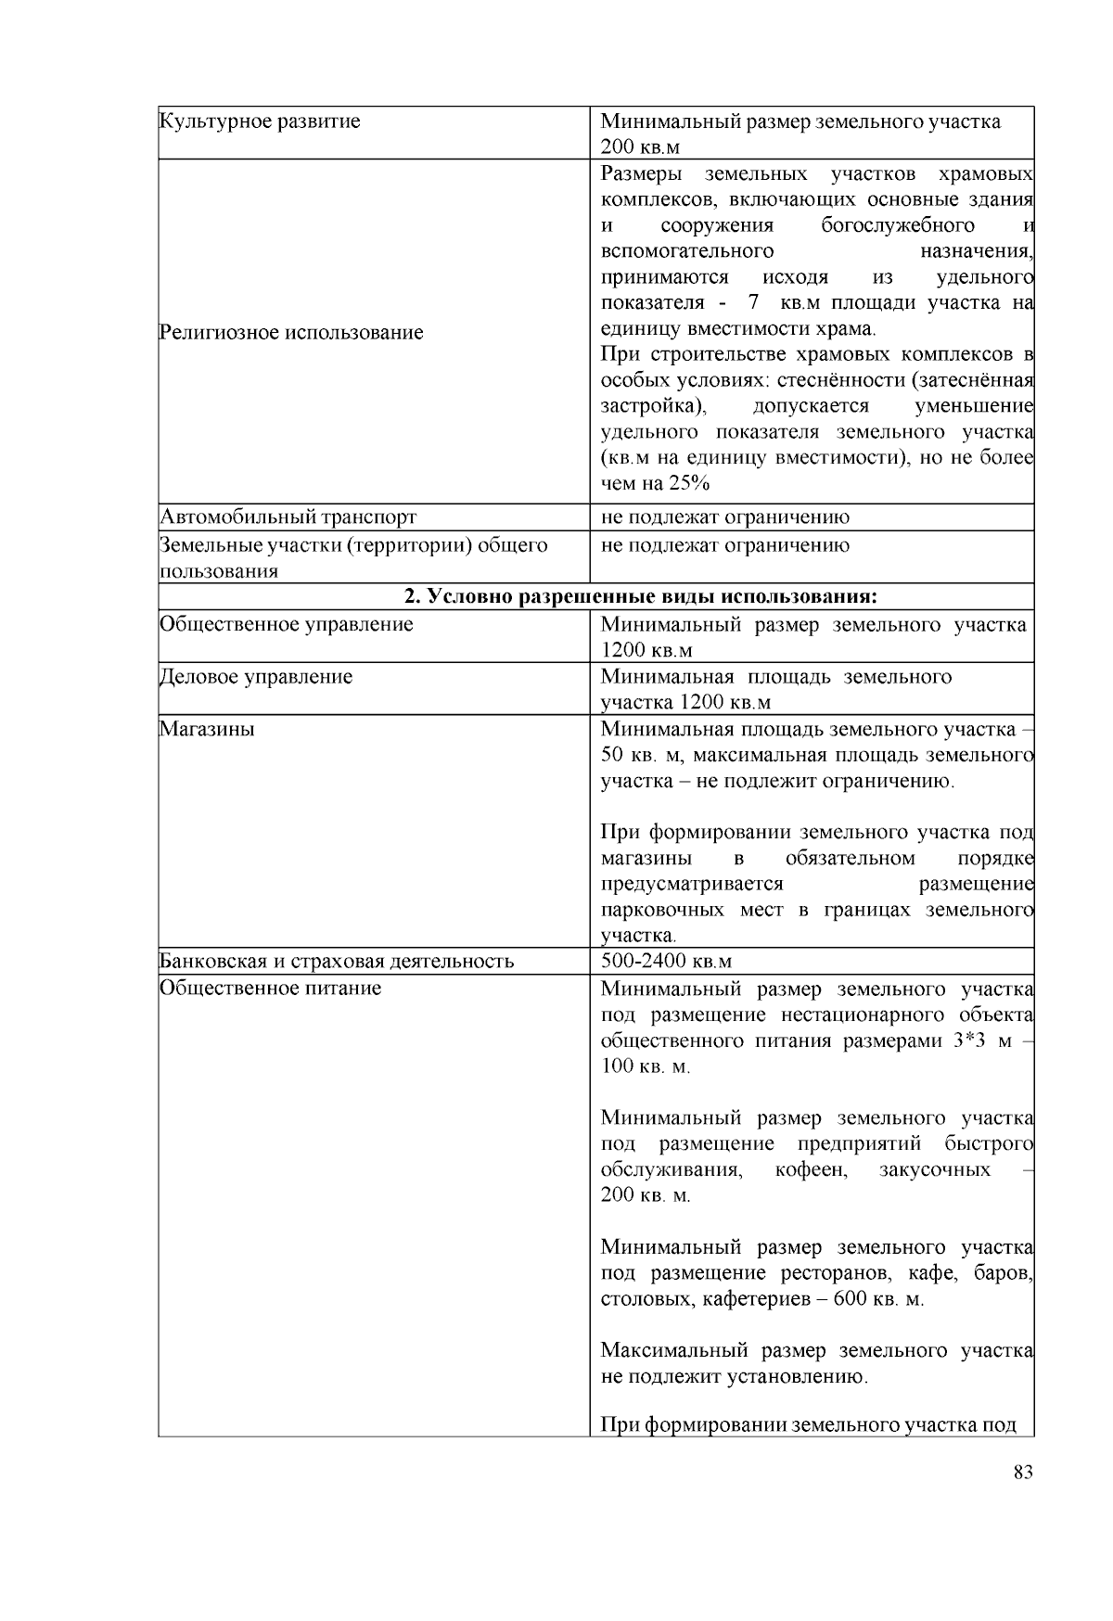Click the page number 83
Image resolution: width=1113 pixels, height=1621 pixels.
pyautogui.click(x=1023, y=1473)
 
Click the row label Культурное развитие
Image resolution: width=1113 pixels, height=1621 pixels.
pyautogui.click(x=261, y=121)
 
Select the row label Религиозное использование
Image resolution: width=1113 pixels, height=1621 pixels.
pyautogui.click(x=291, y=332)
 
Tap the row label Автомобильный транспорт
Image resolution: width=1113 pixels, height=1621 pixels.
pyautogui.click(x=288, y=517)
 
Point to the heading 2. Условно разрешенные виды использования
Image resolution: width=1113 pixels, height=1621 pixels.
pyautogui.click(x=641, y=595)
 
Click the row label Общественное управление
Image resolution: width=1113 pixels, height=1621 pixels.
pyautogui.click(x=287, y=624)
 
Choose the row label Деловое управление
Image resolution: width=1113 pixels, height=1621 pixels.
pyautogui.click(x=257, y=677)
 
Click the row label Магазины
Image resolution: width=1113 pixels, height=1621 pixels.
pyautogui.click(x=207, y=729)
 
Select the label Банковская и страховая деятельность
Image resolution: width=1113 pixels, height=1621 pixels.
pyautogui.click(x=337, y=961)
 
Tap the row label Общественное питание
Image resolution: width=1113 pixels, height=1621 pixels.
pyautogui.click(x=271, y=989)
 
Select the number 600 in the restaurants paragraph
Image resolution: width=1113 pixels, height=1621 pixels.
pyautogui.click(x=850, y=1299)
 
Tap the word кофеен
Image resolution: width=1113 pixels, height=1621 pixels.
pyautogui.click(x=811, y=1169)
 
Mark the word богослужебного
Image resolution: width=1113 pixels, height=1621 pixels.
pyautogui.click(x=897, y=225)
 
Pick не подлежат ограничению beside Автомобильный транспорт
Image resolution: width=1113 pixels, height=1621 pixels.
pyautogui.click(x=724, y=517)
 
